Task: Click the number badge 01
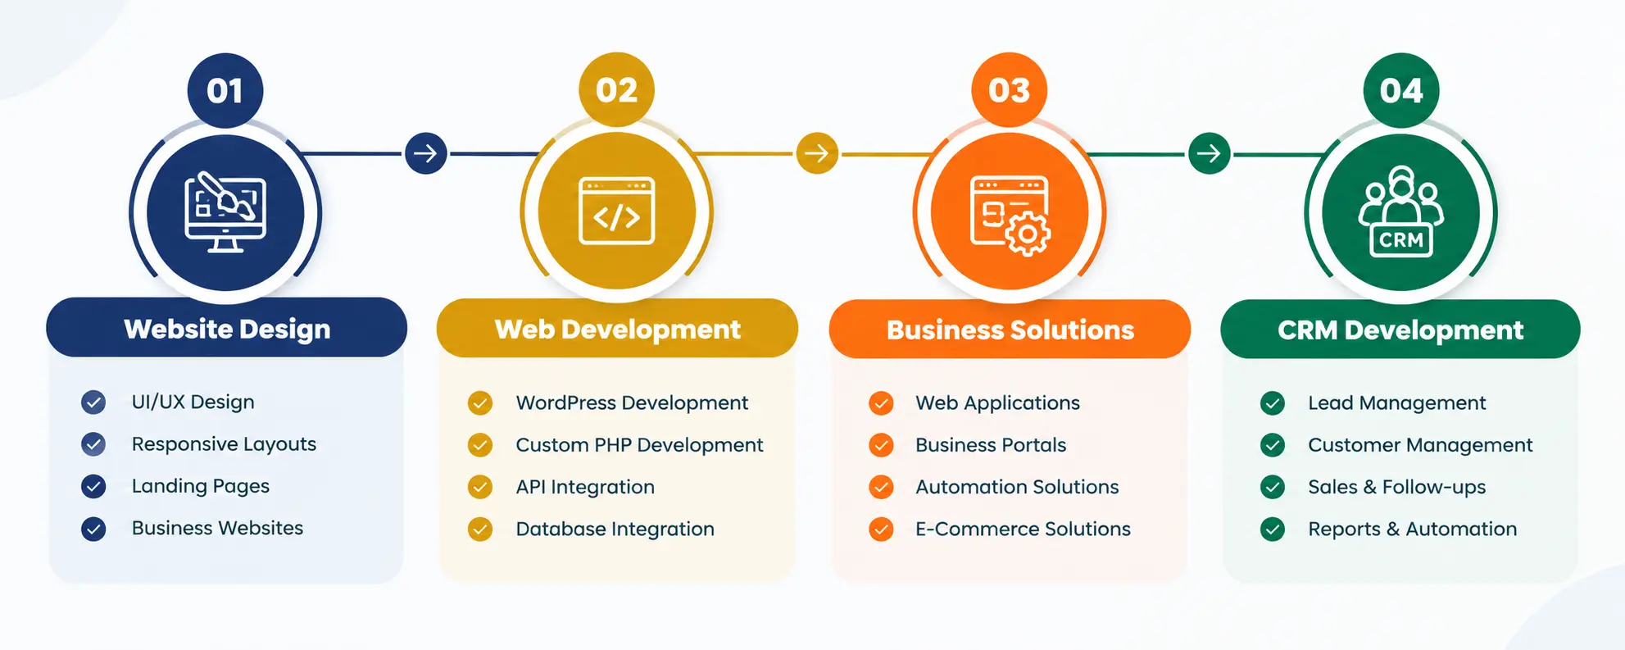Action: [225, 90]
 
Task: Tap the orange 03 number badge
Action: [1009, 90]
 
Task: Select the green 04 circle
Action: [1401, 90]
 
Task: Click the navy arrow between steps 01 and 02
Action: [426, 153]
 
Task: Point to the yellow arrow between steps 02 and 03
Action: [817, 153]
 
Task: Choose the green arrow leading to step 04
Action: [1210, 153]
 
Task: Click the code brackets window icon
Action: [617, 211]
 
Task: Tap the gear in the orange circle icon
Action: [1027, 234]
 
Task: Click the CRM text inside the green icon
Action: [1401, 240]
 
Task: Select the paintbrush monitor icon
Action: [225, 211]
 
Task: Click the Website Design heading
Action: [227, 329]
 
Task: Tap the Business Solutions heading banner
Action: [1010, 329]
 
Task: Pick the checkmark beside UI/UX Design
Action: [93, 402]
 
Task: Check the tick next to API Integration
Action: [480, 487]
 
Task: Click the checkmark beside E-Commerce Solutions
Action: [881, 529]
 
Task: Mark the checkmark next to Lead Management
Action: [1273, 402]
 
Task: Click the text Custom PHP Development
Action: [639, 445]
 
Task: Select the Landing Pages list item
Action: [201, 486]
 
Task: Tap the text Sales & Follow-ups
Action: [1396, 487]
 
